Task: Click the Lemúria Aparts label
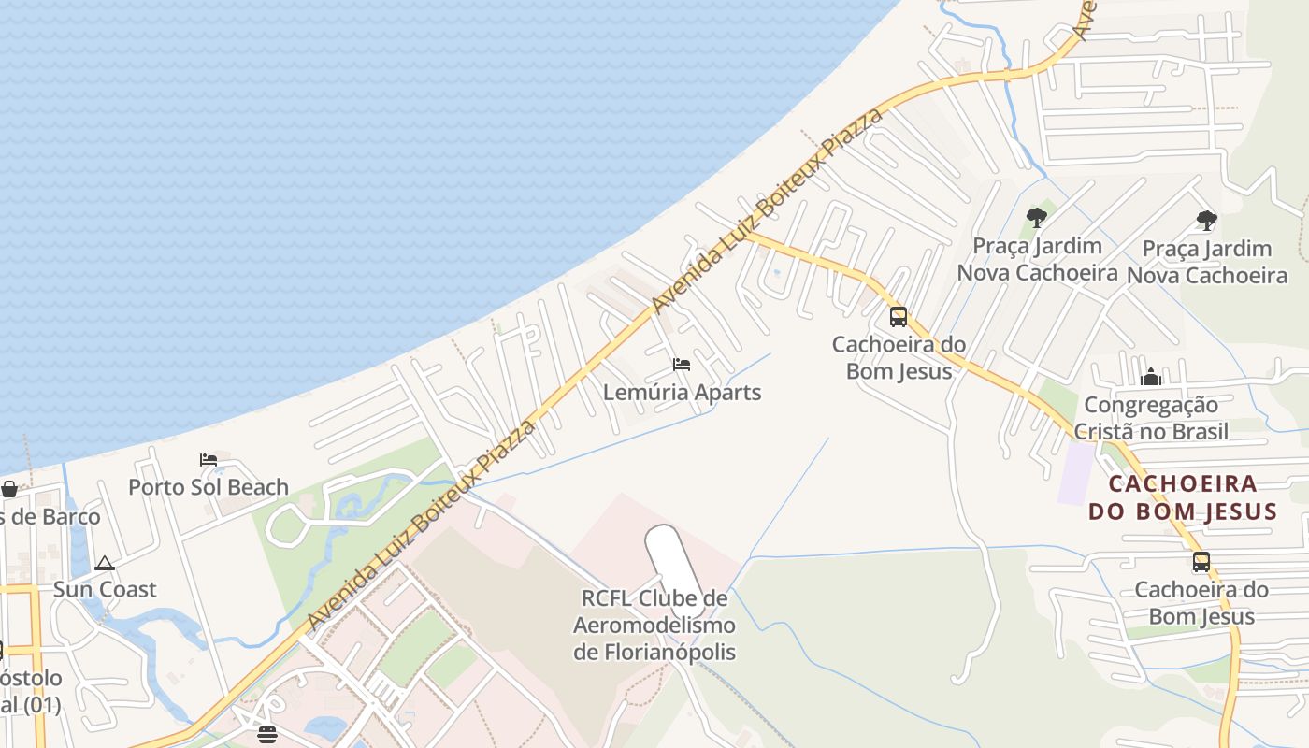pyautogui.click(x=682, y=393)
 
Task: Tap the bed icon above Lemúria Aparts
pyautogui.click(x=682, y=364)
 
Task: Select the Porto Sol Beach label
pyautogui.click(x=209, y=487)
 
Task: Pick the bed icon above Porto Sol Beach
pyautogui.click(x=209, y=460)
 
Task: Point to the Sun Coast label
pyautogui.click(x=105, y=590)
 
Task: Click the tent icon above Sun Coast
pyautogui.click(x=105, y=563)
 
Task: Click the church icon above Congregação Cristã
pyautogui.click(x=1151, y=377)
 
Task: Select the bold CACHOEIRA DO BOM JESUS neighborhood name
pyautogui.click(x=1183, y=498)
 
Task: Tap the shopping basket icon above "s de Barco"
pyautogui.click(x=9, y=489)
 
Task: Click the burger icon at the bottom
pyautogui.click(x=267, y=734)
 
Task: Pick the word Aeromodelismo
pyautogui.click(x=654, y=626)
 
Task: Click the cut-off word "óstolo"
pyautogui.click(x=31, y=679)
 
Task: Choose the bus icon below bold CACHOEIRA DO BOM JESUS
pyautogui.click(x=1201, y=562)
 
